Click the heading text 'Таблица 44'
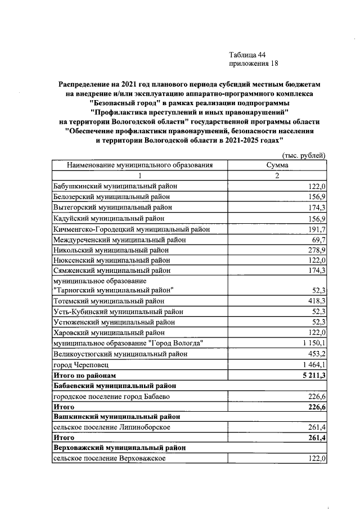coord(247,55)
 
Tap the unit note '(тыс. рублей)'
coord(303,155)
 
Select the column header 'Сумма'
coord(277,165)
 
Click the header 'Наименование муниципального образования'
coord(140,165)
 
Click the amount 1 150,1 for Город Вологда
coord(313,343)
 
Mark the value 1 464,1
coord(313,364)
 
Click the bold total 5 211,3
coord(313,375)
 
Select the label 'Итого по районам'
coord(84,375)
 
